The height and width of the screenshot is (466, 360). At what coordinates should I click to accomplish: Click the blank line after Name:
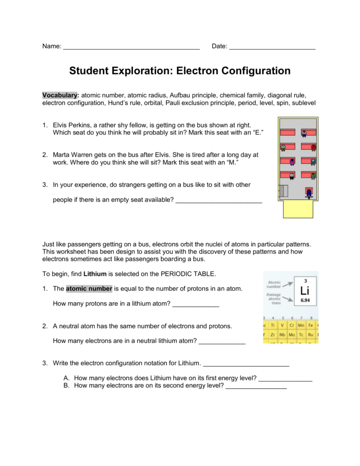[x=131, y=47]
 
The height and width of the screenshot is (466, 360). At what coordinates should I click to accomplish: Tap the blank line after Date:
[x=272, y=47]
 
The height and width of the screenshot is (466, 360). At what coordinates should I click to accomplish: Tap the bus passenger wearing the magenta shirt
[x=292, y=162]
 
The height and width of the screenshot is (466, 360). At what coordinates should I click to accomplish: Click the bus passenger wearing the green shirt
[x=313, y=176]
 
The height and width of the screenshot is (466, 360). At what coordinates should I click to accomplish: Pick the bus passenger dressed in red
[x=313, y=147]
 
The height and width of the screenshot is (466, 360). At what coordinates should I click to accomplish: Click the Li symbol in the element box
[x=305, y=291]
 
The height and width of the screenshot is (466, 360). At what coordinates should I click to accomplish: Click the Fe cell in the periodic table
[x=310, y=325]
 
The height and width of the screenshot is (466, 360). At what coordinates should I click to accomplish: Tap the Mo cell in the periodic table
[x=292, y=334]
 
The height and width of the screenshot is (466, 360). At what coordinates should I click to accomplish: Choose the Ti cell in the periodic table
[x=273, y=325]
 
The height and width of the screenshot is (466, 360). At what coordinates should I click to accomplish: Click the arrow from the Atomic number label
[x=287, y=284]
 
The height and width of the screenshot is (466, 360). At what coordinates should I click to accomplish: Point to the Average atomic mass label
[x=274, y=299]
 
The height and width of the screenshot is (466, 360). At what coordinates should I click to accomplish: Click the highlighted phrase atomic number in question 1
[x=89, y=289]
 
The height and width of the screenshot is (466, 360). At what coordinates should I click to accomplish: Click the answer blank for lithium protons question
[x=196, y=304]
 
